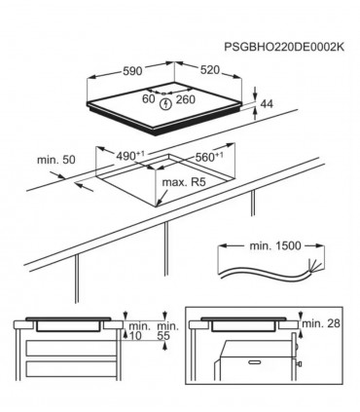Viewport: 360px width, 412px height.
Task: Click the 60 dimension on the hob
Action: coord(148,98)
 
